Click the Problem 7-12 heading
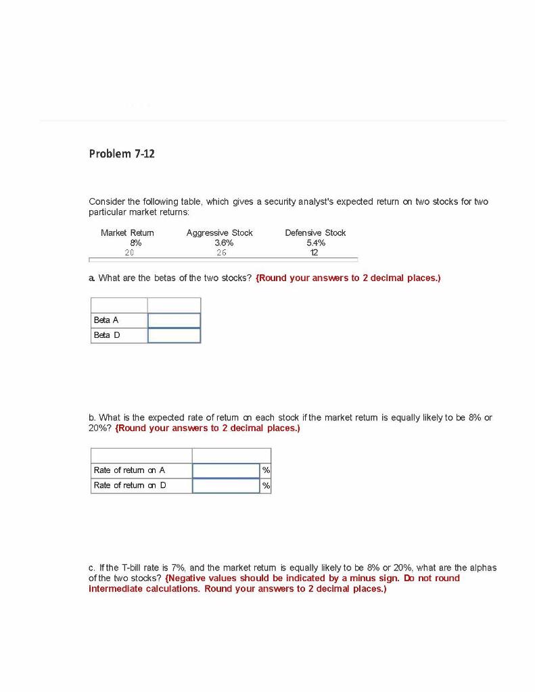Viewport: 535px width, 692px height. pyautogui.click(x=122, y=154)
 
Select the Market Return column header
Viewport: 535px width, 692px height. pyautogui.click(x=127, y=232)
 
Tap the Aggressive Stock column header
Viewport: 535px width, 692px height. pyautogui.click(x=219, y=232)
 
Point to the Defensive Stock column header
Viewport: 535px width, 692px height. pyautogui.click(x=315, y=232)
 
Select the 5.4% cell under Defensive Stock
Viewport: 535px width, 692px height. pyautogui.click(x=316, y=243)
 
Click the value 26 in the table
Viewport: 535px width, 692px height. pyautogui.click(x=221, y=253)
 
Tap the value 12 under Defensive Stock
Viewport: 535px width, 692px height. pyautogui.click(x=313, y=253)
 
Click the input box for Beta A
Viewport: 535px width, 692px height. pyautogui.click(x=174, y=320)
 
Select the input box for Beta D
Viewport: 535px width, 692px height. pyautogui.click(x=174, y=335)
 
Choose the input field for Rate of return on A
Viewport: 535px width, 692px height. pyautogui.click(x=226, y=470)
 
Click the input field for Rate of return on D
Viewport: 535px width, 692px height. pyautogui.click(x=226, y=485)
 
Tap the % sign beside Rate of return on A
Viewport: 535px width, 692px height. pyautogui.click(x=266, y=470)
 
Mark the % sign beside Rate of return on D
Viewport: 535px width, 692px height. pyautogui.click(x=266, y=485)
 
